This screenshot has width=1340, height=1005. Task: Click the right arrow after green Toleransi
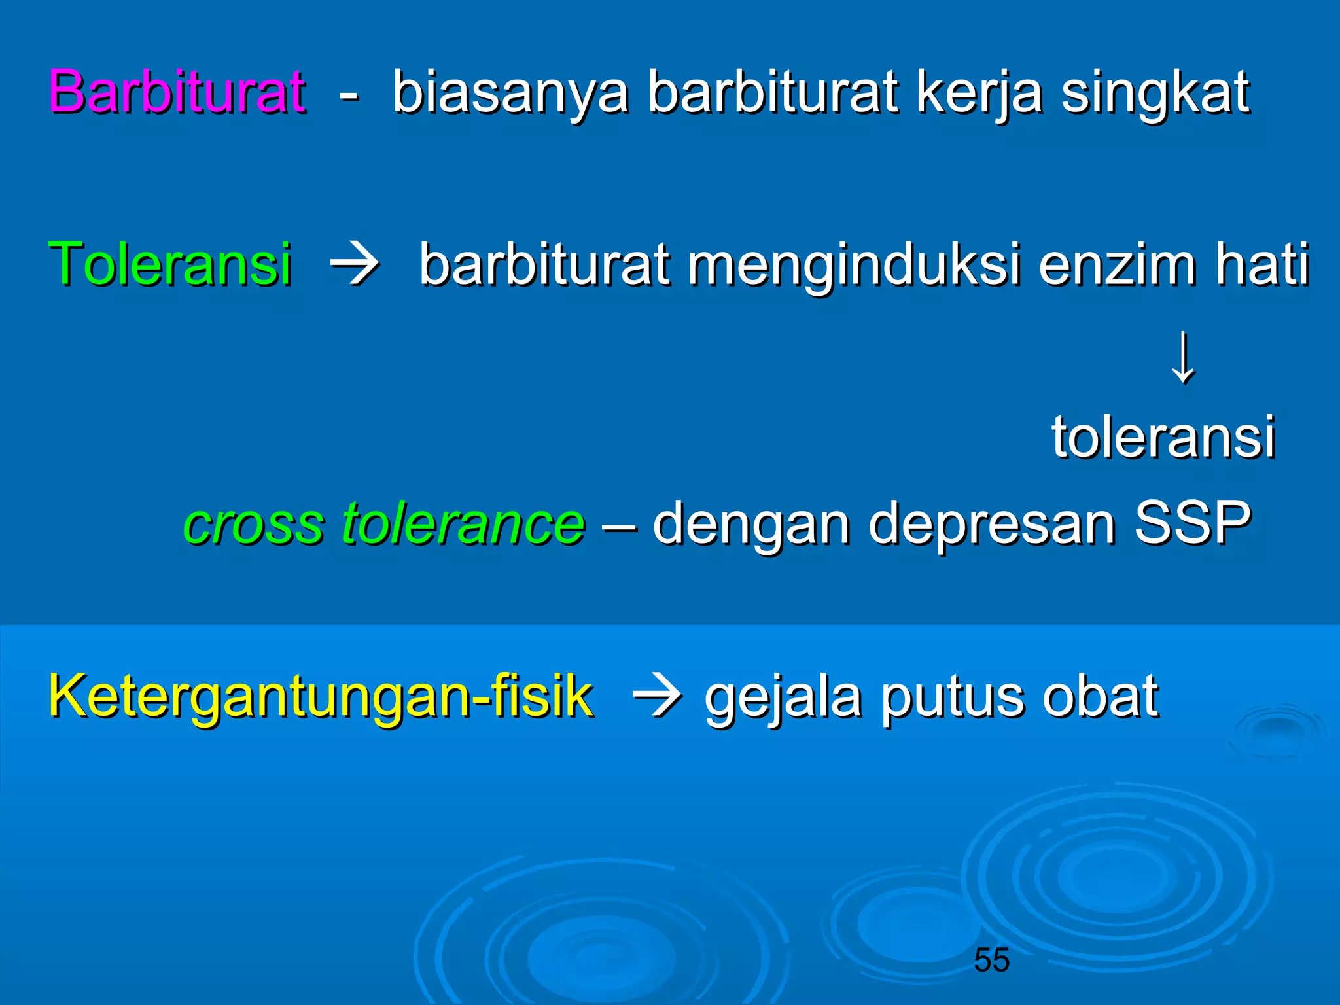click(355, 265)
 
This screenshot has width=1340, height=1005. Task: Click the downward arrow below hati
click(1183, 358)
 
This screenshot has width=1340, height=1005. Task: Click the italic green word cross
click(254, 523)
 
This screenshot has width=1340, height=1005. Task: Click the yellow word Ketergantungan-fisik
click(321, 696)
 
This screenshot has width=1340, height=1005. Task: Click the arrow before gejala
click(658, 697)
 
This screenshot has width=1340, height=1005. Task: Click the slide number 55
click(991, 960)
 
